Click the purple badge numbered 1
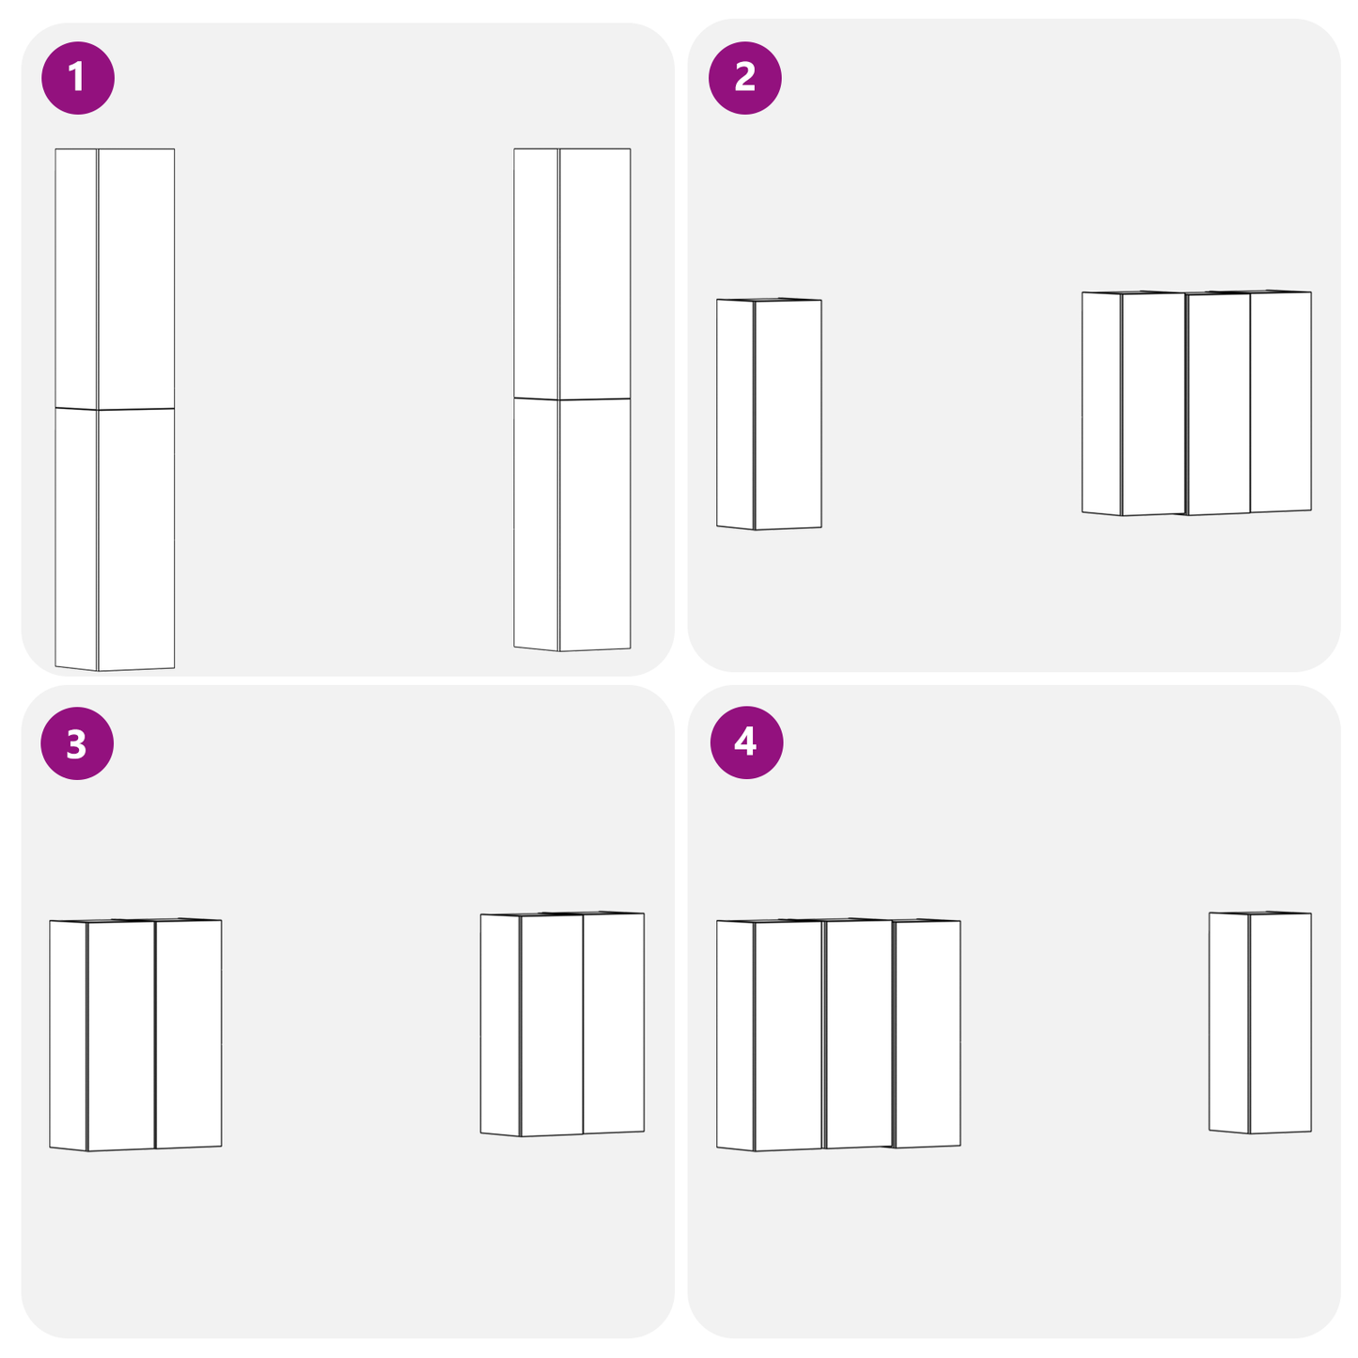click(78, 77)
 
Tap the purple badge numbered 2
click(745, 77)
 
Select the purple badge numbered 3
click(77, 743)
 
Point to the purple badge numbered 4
click(746, 741)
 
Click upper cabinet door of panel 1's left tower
click(136, 278)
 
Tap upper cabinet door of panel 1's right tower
click(595, 273)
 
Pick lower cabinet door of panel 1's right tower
click(595, 523)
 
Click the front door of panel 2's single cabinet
click(788, 414)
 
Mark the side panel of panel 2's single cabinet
click(735, 414)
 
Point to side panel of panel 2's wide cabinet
click(1100, 403)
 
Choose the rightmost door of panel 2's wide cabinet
click(1280, 402)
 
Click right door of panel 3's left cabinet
click(188, 1034)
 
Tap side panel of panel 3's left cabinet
click(68, 1035)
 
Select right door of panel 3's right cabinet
click(613, 1022)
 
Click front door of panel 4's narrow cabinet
click(1280, 1022)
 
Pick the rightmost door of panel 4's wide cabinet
click(928, 1034)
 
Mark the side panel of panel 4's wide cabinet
click(735, 1035)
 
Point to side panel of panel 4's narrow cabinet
click(1228, 1022)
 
